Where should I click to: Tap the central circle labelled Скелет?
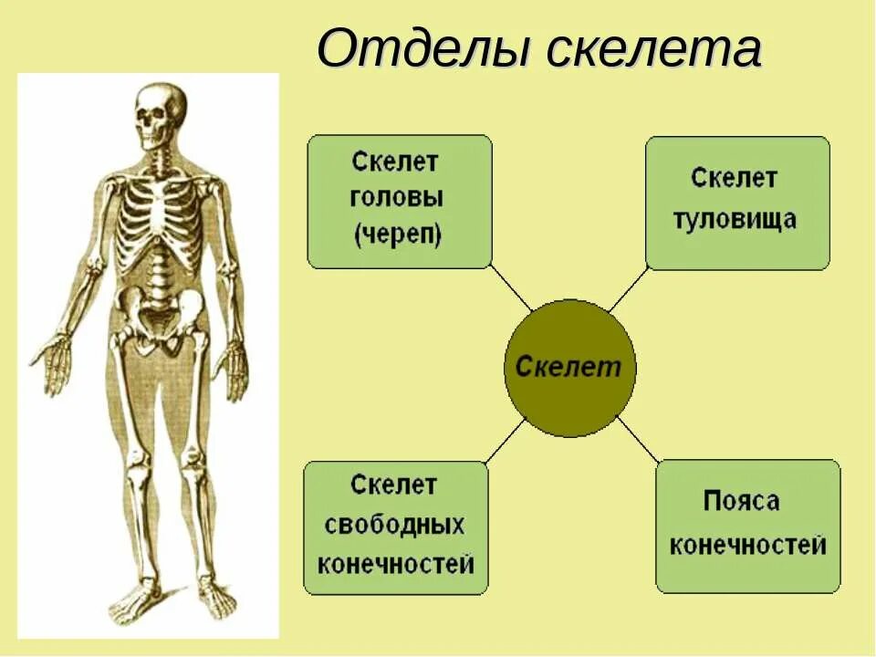(569, 367)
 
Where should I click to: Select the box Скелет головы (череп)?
(399, 201)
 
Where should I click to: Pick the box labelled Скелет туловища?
(737, 202)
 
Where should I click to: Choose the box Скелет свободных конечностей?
(396, 527)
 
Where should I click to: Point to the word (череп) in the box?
(398, 235)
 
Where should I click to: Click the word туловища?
(735, 219)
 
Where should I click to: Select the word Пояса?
(741, 501)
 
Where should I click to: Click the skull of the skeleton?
(160, 111)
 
